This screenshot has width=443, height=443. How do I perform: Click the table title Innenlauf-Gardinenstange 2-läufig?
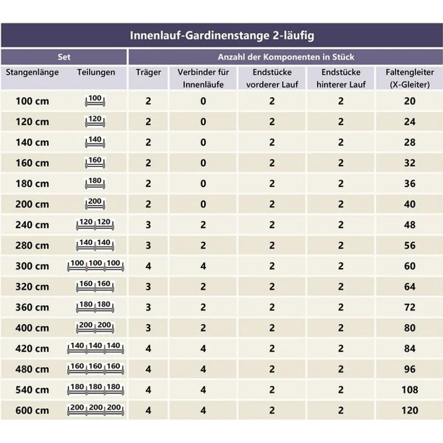[221, 36]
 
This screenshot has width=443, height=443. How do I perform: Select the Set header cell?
[64, 57]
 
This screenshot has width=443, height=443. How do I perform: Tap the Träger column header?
[148, 72]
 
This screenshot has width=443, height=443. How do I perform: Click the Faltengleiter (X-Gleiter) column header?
[410, 78]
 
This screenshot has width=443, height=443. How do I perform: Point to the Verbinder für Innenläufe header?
[203, 78]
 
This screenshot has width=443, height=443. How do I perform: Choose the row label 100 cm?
[33, 101]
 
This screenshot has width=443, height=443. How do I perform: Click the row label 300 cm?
[33, 266]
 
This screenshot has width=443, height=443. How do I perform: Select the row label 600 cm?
[33, 410]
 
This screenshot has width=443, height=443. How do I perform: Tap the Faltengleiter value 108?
[410, 390]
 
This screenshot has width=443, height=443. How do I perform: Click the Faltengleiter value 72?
[410, 308]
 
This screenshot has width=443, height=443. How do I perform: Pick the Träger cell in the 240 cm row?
[148, 225]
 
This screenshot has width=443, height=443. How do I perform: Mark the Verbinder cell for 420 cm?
[203, 349]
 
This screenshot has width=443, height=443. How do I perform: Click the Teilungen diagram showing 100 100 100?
[96, 265]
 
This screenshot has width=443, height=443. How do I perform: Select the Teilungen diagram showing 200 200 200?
[96, 410]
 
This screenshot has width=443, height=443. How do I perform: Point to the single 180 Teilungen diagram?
[95, 183]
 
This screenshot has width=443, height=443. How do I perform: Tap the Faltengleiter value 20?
[410, 101]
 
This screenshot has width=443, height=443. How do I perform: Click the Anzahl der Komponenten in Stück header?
[286, 57]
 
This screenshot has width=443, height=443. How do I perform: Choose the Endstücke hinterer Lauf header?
[341, 78]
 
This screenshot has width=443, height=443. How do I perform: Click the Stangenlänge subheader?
[33, 72]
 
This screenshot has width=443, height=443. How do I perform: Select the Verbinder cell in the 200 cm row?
[203, 204]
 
